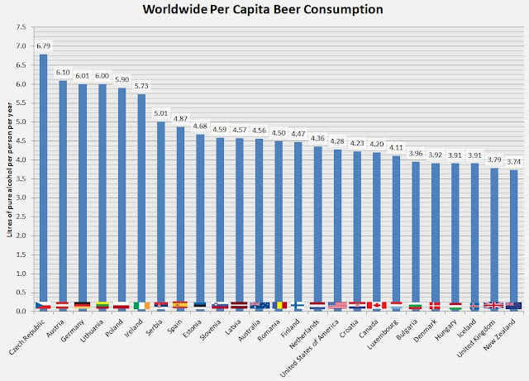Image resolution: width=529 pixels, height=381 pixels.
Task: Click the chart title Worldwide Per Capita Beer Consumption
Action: point(264,11)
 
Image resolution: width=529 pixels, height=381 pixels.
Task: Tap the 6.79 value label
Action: point(42,46)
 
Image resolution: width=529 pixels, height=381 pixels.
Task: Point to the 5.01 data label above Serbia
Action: point(162,113)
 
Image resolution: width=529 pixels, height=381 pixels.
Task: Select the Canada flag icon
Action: point(376,306)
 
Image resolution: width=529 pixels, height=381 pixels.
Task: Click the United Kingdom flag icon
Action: point(493,306)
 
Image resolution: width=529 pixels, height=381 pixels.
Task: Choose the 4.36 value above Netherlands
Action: point(317,138)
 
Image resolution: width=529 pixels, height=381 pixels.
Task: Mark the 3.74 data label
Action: point(513,161)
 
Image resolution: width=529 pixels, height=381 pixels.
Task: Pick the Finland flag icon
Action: point(298,306)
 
